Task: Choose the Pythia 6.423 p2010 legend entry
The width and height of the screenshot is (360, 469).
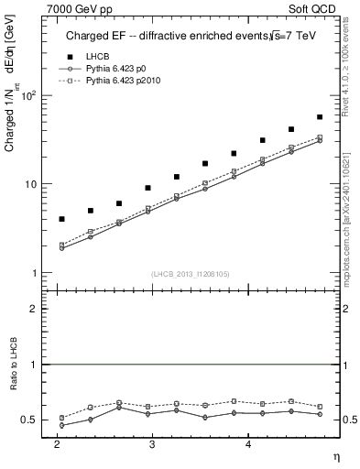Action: [124, 82]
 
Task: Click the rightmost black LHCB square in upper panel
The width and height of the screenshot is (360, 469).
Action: [320, 117]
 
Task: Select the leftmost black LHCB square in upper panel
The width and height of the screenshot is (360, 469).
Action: [61, 219]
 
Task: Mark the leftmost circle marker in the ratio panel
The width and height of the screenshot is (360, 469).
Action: [61, 425]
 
